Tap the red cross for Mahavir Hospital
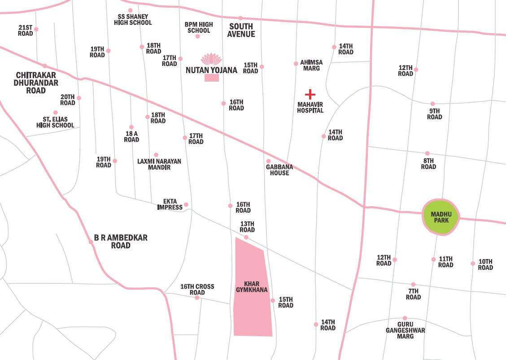(310, 95)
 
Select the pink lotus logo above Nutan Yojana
(211, 59)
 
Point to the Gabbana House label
(279, 170)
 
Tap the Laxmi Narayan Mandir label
(159, 164)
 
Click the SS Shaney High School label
(133, 20)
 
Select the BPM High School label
(199, 27)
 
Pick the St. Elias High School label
(55, 122)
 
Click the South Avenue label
(241, 30)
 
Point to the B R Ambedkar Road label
(121, 242)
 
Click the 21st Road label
(26, 30)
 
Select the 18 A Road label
(131, 136)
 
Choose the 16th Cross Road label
(197, 290)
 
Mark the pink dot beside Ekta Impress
(186, 205)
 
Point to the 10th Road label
(485, 265)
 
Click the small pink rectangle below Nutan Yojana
(212, 78)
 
